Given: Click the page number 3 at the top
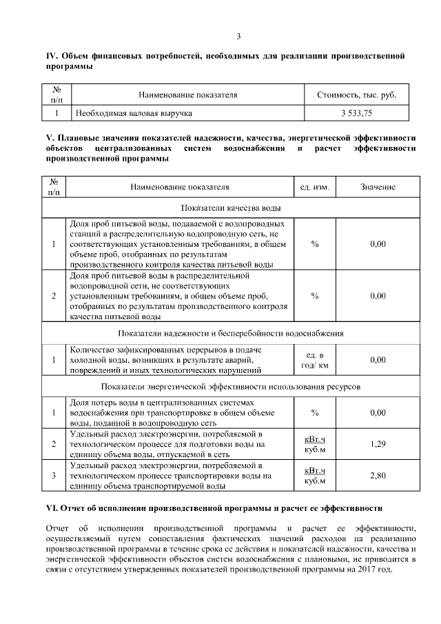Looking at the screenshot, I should coord(238,37).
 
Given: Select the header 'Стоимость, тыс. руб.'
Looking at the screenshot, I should coord(356,94).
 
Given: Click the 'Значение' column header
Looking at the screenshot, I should coord(377,187).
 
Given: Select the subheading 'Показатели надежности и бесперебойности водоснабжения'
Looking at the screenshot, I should coord(230,333).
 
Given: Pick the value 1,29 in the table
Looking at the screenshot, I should coord(377,443).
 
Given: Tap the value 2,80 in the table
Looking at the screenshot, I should coord(377,475).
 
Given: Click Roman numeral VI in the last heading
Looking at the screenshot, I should coord(51,507).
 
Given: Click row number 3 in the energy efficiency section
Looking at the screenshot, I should coord(54,475).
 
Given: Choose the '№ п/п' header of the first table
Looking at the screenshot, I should coord(58,94).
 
